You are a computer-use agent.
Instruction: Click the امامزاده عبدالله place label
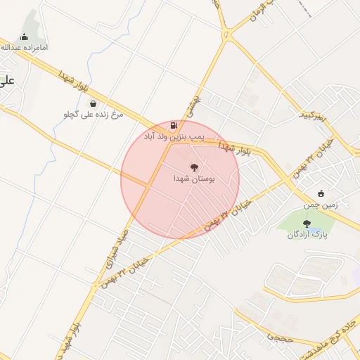(24, 48)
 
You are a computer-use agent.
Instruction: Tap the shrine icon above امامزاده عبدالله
(25, 37)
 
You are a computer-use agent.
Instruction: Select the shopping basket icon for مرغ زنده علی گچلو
(93, 103)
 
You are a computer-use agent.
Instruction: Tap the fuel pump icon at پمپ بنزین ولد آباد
(174, 124)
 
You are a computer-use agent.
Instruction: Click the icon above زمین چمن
(322, 193)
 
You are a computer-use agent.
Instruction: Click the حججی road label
(275, 337)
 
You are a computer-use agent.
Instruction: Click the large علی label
(7, 81)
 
